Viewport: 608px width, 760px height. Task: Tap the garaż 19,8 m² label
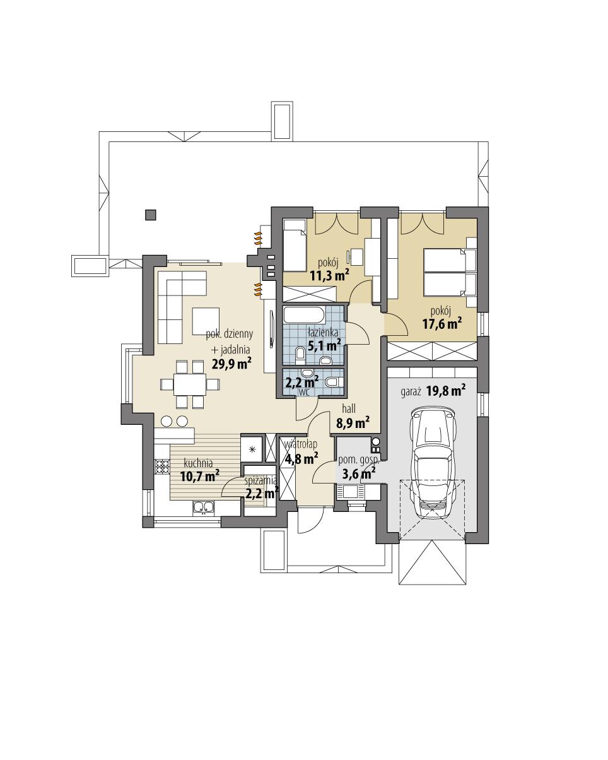pyautogui.click(x=433, y=391)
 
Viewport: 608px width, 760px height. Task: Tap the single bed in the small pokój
pyautogui.click(x=294, y=246)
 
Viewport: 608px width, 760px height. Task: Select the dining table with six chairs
pyautogui.click(x=183, y=383)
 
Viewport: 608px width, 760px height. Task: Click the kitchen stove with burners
pyautogui.click(x=163, y=467)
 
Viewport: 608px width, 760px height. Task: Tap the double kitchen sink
pyautogui.click(x=204, y=506)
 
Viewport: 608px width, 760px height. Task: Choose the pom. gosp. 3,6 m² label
pyautogui.click(x=358, y=466)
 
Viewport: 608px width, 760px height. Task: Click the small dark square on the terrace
pyautogui.click(x=150, y=215)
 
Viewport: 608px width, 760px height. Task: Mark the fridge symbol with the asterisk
pyautogui.click(x=252, y=449)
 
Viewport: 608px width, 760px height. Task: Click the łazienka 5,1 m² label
pyautogui.click(x=324, y=340)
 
